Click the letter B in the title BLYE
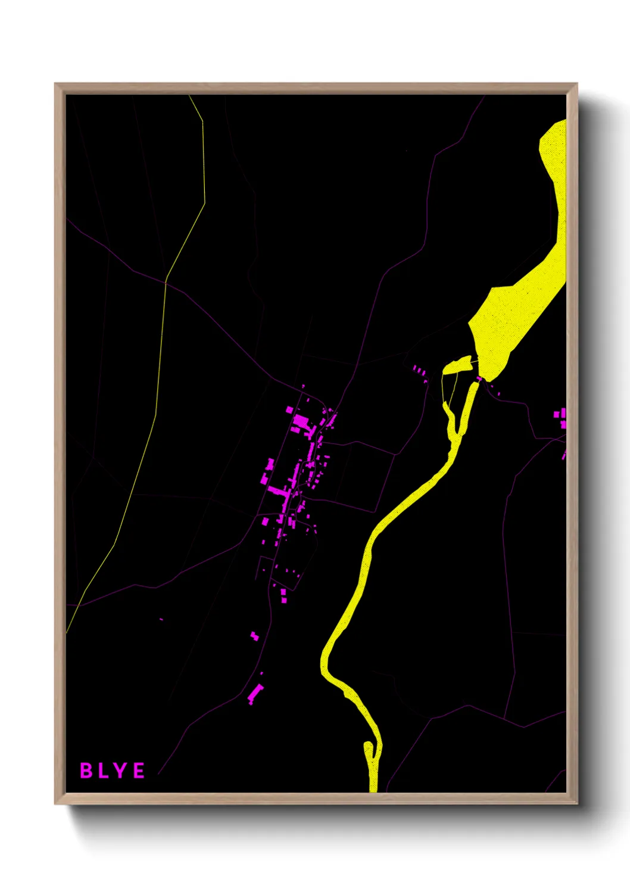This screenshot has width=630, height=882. click(x=86, y=771)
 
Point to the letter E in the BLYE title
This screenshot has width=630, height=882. click(x=138, y=771)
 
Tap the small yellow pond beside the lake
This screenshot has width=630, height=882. click(x=456, y=366)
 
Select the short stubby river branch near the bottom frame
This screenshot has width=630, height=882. click(x=368, y=751)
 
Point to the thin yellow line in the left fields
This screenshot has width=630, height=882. click(x=161, y=358)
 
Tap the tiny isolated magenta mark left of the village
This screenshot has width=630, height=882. click(x=161, y=620)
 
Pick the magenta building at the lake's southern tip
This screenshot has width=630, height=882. click(x=479, y=378)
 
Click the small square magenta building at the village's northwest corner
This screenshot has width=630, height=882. click(x=290, y=410)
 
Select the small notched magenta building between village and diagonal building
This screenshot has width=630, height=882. click(x=254, y=636)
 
